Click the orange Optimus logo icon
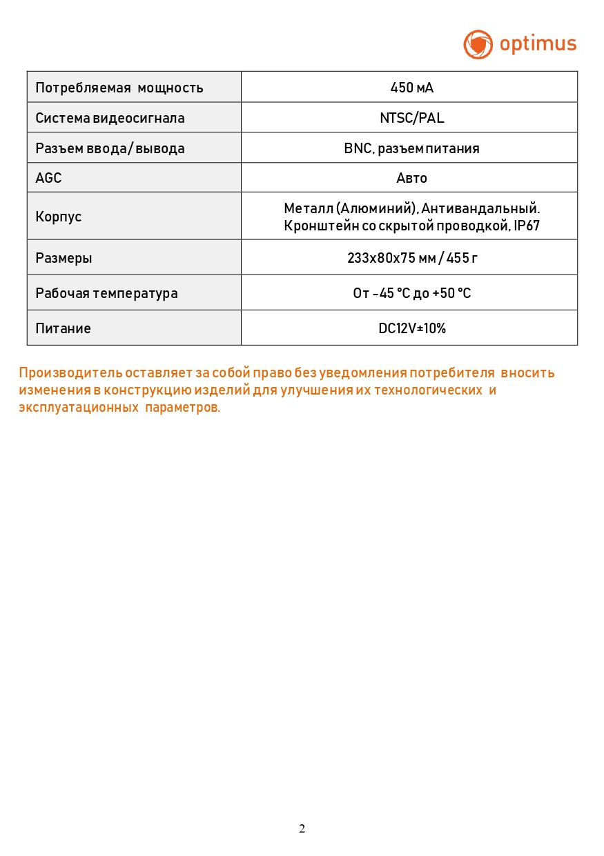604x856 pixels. pos(478,44)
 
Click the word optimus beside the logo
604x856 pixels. pos(538,44)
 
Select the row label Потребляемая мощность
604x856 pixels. pos(119,88)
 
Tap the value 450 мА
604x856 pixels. pos(411,88)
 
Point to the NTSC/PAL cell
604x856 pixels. pos(411,118)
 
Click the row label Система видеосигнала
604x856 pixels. pos(110,118)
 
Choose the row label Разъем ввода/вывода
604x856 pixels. pos(110,148)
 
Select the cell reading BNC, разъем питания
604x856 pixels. pos(411,148)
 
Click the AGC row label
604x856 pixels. pos(48,178)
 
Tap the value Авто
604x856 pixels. pos(411,178)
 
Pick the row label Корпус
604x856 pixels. pos(59,217)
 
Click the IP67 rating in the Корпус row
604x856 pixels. pos(527,226)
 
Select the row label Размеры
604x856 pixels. pos(64,259)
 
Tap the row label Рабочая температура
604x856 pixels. pos(106,293)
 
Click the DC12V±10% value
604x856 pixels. pos(411,328)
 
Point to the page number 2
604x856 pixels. pos(302,828)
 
